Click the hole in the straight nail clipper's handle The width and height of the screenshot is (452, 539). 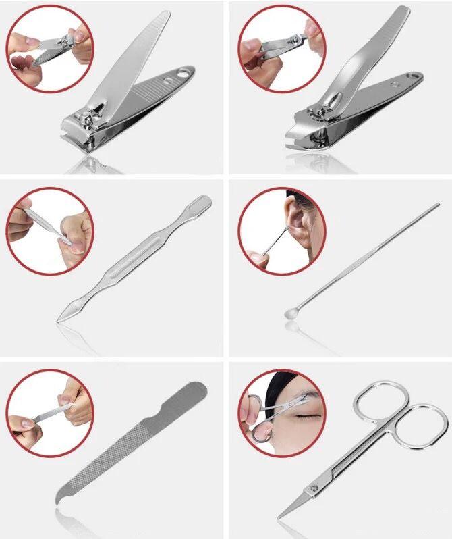click(x=181, y=72)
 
